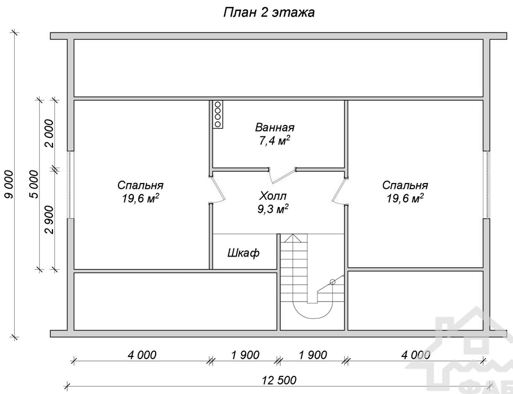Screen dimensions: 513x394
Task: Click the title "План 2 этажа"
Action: (269, 13)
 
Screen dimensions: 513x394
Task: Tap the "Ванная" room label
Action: (275, 127)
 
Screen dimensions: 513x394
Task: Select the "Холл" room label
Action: (272, 196)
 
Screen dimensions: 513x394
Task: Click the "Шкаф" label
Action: (243, 253)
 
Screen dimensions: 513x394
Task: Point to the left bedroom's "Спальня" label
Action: (140, 185)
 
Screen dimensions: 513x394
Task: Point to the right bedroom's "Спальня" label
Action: (405, 185)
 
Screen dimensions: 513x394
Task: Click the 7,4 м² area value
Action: (275, 141)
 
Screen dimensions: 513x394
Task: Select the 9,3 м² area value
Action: (273, 209)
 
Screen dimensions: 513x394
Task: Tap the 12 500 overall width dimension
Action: (279, 380)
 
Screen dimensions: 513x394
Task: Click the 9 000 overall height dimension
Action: (9, 184)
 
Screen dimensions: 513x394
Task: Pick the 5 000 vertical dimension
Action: (34, 184)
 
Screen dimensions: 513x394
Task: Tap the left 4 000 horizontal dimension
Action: (142, 355)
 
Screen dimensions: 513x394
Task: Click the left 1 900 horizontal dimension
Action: (245, 355)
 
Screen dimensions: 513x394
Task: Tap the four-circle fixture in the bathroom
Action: (218, 114)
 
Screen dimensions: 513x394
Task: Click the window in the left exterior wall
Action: (70, 185)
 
